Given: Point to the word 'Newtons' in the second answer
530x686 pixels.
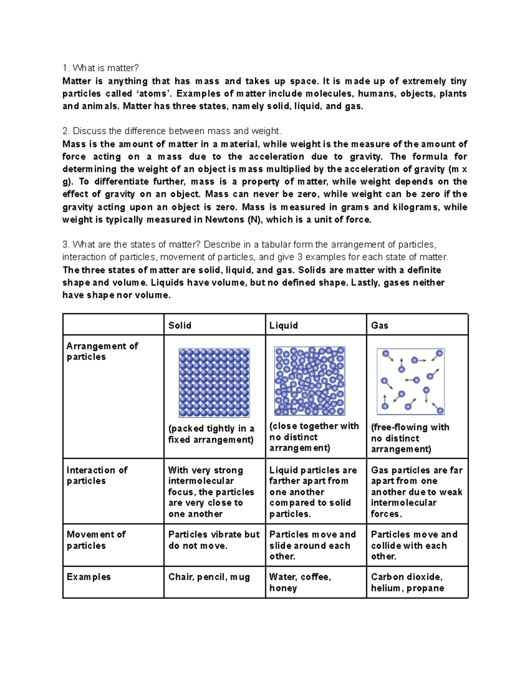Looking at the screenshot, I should pos(224,220).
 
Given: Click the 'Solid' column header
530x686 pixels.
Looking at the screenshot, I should pos(180,326).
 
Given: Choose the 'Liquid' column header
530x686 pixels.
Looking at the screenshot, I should pos(284,326).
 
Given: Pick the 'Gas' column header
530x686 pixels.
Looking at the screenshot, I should pos(379,326).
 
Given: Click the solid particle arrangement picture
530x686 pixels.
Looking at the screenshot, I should pos(214,383).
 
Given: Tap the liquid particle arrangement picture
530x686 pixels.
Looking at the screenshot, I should pos(310,381).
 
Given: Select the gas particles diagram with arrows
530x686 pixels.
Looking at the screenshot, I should pos(411,381).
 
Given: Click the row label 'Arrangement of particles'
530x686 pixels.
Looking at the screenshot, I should pos(102,352).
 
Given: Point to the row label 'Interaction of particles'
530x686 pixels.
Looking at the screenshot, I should pos(97,476).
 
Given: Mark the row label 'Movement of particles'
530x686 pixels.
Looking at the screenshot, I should pos(96,540).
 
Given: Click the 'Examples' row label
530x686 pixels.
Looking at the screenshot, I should pos(88,577).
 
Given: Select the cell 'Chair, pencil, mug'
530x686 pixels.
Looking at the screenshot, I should pos(209,577).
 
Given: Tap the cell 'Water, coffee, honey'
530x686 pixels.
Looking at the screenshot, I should pos(300,583).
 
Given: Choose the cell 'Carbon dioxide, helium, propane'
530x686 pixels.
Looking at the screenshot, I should pos(407,583).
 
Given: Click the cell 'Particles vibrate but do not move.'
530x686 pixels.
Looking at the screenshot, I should pos(214,540).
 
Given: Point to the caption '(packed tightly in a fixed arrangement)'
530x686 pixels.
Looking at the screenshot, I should pos(211,434).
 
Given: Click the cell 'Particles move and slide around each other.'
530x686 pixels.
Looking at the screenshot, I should pos(312,546).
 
